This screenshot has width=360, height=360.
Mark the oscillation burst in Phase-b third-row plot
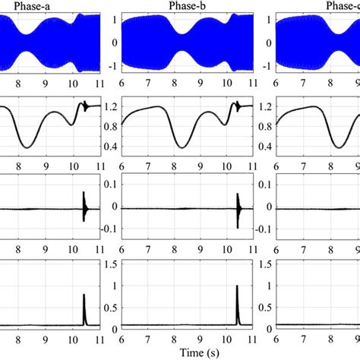pos(238,206)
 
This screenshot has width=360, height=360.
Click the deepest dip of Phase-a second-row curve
pos(27,147)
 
